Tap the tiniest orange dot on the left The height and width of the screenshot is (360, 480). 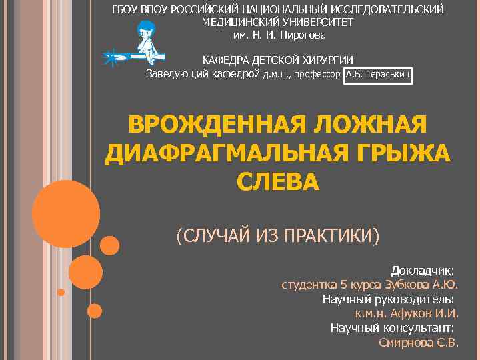(61, 292)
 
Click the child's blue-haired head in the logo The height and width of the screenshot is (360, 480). (145, 30)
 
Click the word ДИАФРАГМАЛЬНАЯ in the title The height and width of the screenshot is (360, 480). (220, 154)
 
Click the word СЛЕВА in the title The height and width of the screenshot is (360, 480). (278, 182)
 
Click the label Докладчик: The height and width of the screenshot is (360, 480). (423, 271)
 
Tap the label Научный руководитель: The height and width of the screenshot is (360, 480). (388, 299)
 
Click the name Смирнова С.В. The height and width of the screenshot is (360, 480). (418, 343)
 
